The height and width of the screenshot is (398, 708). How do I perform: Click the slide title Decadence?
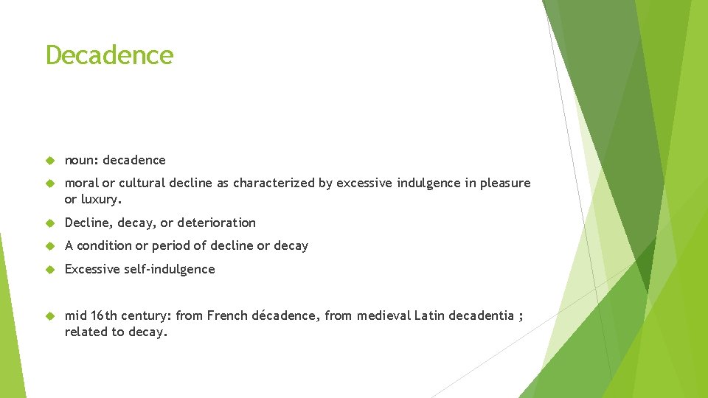pyautogui.click(x=109, y=55)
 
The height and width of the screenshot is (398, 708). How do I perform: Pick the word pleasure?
pyautogui.click(x=505, y=183)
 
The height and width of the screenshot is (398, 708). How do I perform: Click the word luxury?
pyautogui.click(x=101, y=200)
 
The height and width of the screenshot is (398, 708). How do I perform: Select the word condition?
pyautogui.click(x=105, y=245)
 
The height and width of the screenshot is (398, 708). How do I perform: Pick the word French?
pyautogui.click(x=227, y=315)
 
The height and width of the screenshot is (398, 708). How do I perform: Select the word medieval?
pyautogui.click(x=383, y=315)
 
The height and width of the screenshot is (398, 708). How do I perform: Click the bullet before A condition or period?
pyautogui.click(x=51, y=246)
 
